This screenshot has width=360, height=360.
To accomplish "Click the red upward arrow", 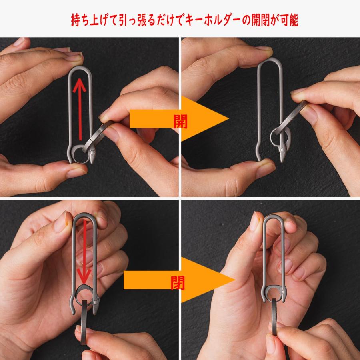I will coord(81,108).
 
